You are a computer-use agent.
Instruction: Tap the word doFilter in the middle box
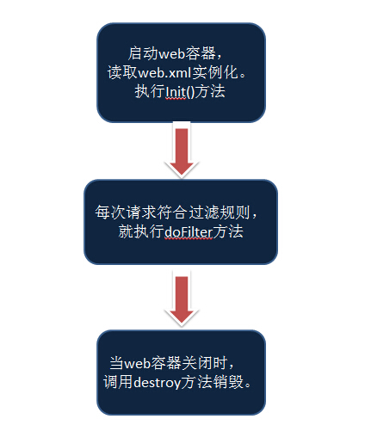point(189,232)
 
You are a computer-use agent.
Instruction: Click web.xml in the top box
point(164,73)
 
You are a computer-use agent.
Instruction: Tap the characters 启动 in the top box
point(143,53)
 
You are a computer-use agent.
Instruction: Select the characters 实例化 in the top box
point(215,72)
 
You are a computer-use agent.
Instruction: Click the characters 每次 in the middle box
point(110,212)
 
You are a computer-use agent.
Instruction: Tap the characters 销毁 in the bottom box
point(227,382)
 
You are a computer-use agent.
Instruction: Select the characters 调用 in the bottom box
point(118,382)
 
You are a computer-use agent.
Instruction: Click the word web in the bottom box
point(138,364)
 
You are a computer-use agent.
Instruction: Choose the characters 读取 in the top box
point(123,72)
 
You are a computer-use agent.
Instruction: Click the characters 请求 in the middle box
point(141,212)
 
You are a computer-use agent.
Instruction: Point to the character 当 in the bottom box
point(117,363)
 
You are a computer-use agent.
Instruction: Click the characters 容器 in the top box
point(201,53)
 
